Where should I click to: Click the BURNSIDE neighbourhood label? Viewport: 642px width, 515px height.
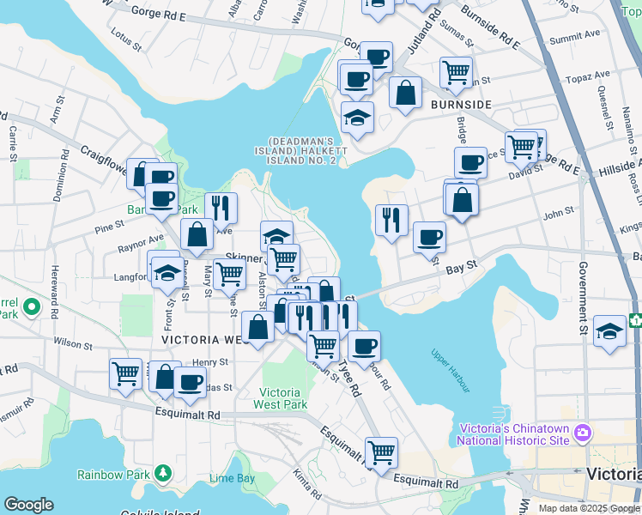461,104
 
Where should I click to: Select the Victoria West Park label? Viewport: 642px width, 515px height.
282,398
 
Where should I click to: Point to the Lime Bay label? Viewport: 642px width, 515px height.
232,478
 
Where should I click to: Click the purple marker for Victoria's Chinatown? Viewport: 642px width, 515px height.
584,431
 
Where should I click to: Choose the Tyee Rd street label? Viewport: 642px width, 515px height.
349,377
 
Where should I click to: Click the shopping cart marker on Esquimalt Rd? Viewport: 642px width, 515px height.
381,451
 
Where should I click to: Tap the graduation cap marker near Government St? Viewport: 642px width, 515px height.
609,332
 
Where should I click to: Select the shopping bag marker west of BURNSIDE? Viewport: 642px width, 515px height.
405,92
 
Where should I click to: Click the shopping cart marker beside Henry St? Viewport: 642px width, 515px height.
125,373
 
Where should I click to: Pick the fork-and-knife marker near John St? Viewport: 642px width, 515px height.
391,220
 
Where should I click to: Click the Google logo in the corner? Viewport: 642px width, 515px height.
29,504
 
